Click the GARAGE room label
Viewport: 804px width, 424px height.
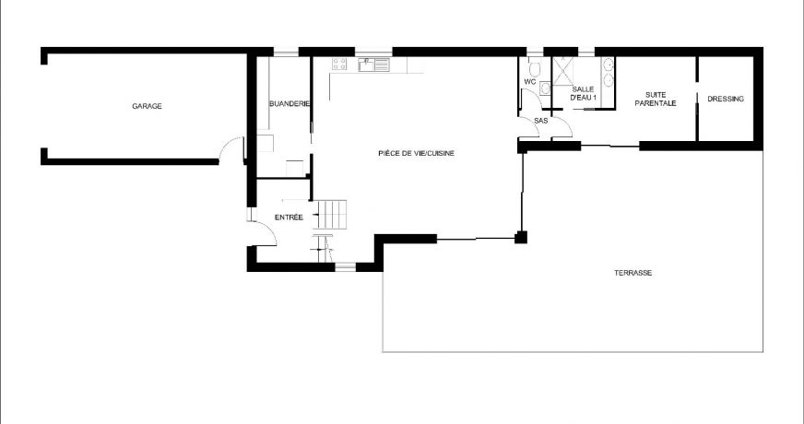(147, 107)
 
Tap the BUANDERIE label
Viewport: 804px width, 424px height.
(289, 104)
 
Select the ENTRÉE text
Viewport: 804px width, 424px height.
(289, 217)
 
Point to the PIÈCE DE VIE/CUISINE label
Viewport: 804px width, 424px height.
(416, 153)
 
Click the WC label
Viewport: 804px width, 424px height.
(529, 82)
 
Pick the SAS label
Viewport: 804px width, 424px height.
(541, 120)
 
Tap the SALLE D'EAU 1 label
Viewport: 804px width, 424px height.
(584, 92)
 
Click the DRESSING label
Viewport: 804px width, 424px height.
(726, 99)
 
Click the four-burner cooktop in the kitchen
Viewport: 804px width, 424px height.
(339, 65)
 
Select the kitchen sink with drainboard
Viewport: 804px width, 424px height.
(373, 65)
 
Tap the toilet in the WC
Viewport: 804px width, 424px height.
(533, 67)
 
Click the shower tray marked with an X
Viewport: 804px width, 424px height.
(563, 68)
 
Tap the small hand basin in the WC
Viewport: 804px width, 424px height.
(545, 88)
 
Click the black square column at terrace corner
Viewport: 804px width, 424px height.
(521, 238)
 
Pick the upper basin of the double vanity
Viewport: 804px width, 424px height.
(608, 66)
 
